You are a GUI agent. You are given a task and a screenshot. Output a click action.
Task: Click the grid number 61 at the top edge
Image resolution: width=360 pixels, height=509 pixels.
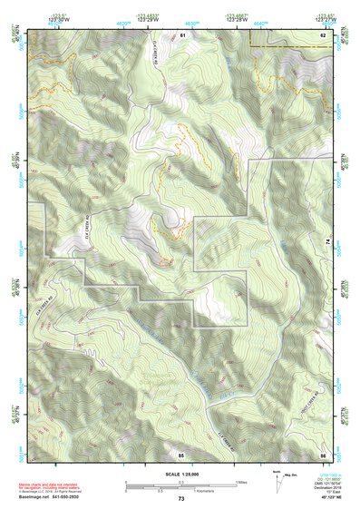pyautogui.click(x=182, y=34)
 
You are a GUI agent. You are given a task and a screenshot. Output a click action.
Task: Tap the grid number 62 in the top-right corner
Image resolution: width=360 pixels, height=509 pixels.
pyautogui.click(x=322, y=34)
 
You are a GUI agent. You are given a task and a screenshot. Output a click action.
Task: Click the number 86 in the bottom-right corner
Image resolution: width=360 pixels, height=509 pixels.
pyautogui.click(x=322, y=454)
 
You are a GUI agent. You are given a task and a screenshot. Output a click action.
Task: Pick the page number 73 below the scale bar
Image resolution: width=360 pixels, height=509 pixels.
pyautogui.click(x=180, y=499)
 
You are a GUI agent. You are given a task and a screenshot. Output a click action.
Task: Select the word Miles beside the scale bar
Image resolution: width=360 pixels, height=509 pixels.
pyautogui.click(x=241, y=482)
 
